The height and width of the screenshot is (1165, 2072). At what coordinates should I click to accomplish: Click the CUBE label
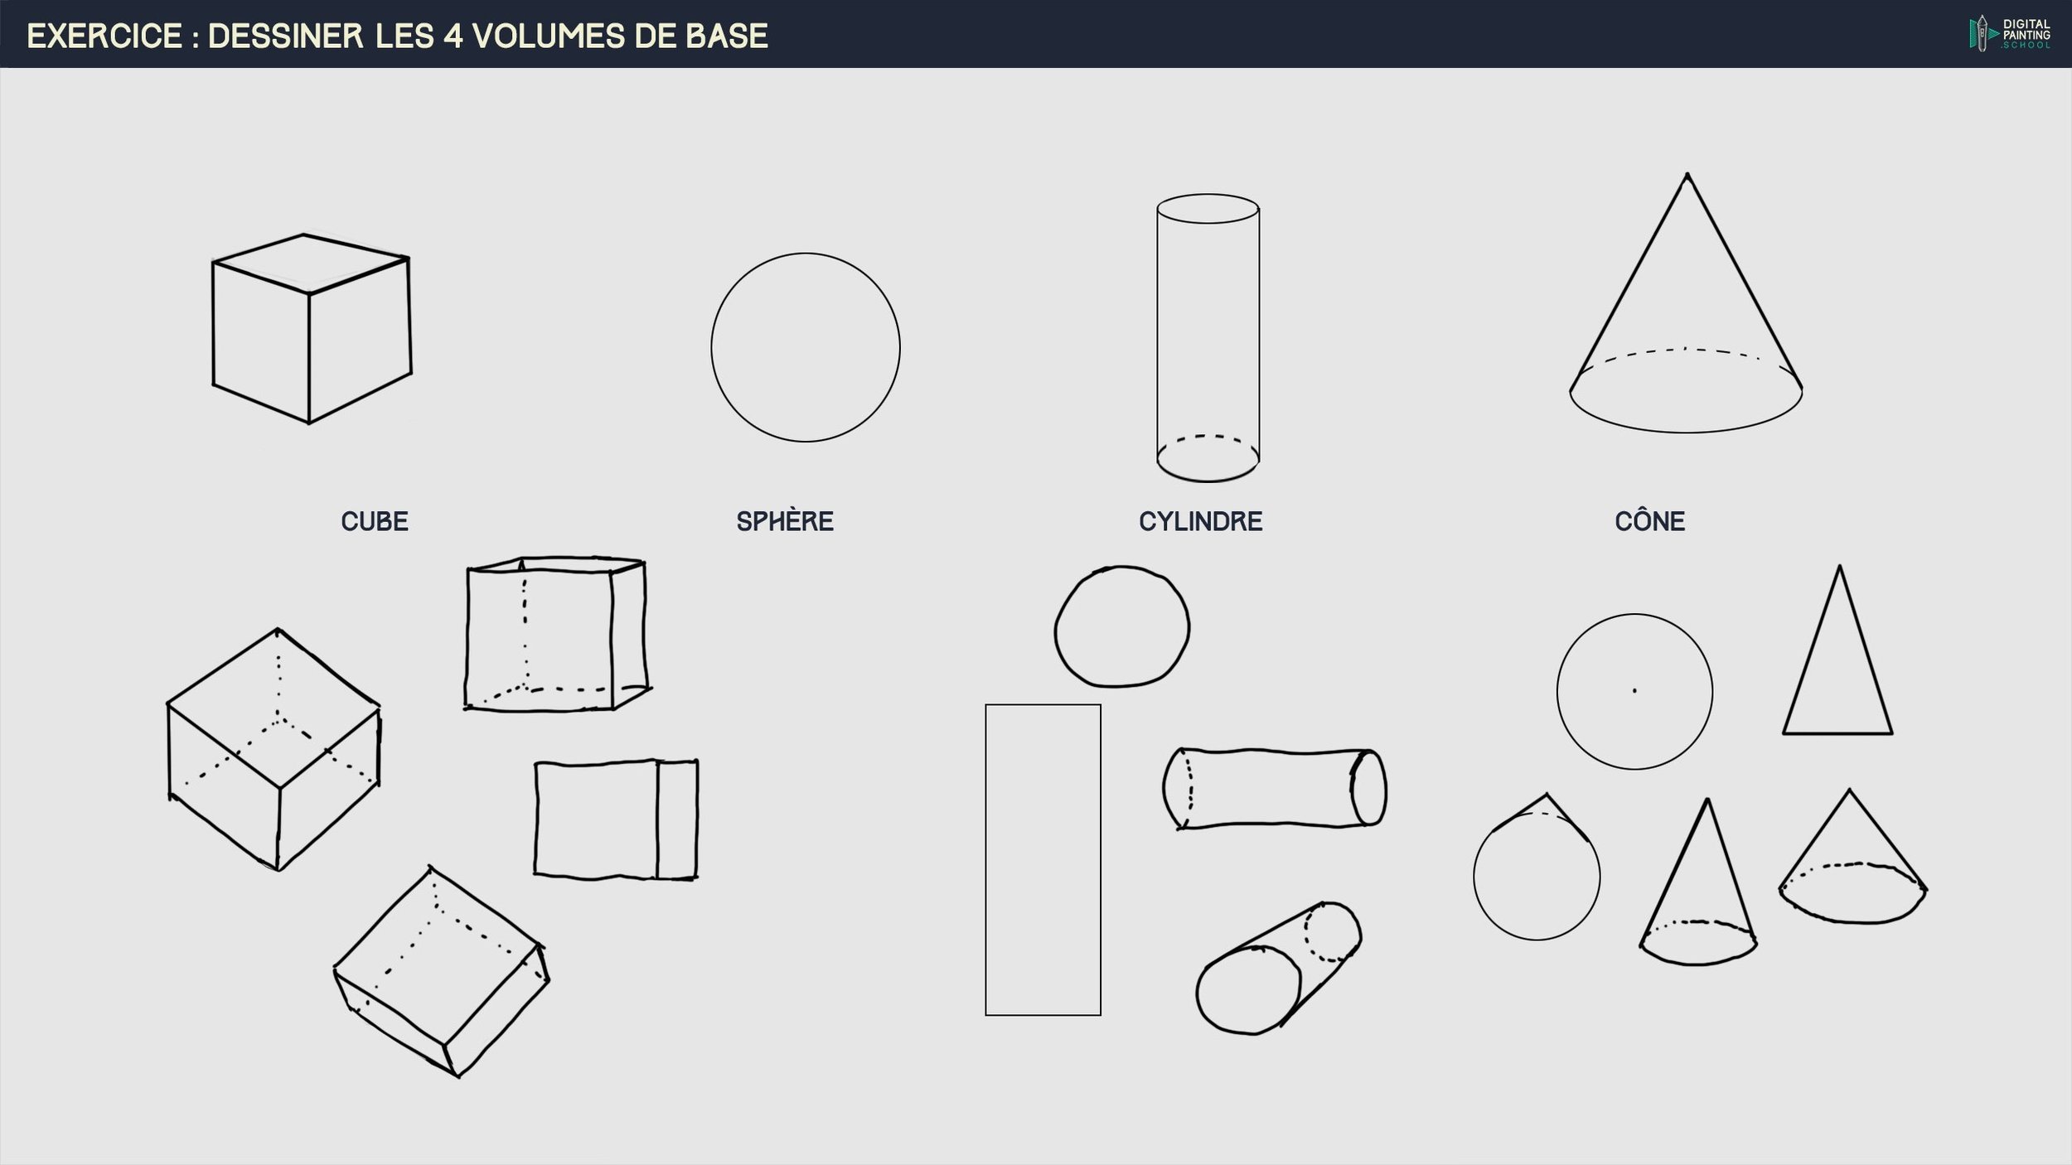(375, 521)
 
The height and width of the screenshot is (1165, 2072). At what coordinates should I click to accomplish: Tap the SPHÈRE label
(785, 521)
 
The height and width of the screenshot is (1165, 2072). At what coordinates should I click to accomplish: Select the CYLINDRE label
(1200, 521)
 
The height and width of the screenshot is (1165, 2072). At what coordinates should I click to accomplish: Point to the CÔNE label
(1649, 520)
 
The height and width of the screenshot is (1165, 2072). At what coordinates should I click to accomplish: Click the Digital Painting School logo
(2010, 34)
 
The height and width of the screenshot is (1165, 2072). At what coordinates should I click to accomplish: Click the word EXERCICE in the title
(104, 36)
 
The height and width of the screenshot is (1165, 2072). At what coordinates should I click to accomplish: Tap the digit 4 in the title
(453, 36)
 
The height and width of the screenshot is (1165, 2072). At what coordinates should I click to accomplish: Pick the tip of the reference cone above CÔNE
(1687, 174)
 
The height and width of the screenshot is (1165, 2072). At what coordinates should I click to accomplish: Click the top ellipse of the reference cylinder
(1208, 195)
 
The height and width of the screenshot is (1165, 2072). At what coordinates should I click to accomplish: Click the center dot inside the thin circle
(1634, 690)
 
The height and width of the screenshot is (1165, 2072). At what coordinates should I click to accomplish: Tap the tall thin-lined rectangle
(985, 859)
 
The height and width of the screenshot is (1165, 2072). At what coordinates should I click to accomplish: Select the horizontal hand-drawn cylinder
(1274, 751)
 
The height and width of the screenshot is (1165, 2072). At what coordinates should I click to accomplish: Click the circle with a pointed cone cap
(1474, 877)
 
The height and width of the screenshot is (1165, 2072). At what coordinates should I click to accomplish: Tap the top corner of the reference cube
(303, 234)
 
